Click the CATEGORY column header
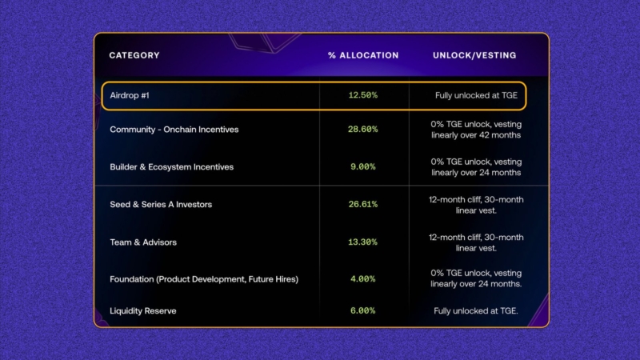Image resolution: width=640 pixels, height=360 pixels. [134, 56]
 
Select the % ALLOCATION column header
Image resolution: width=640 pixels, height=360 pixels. [363, 56]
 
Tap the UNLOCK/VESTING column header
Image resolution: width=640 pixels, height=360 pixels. [474, 56]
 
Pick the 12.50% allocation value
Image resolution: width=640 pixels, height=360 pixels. [363, 95]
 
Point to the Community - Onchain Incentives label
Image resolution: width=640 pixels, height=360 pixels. [174, 130]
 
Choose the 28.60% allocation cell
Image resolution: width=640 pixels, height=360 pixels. [363, 130]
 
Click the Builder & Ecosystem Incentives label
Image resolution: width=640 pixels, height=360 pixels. [171, 167]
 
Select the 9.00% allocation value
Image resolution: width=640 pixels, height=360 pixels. [363, 167]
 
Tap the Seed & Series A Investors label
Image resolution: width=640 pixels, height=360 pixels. [161, 205]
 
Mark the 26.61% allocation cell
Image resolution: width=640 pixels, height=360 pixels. [363, 205]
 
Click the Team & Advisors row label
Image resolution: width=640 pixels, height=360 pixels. [143, 242]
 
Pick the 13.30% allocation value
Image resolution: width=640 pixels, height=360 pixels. [363, 242]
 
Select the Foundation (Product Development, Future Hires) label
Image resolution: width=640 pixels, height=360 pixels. [204, 279]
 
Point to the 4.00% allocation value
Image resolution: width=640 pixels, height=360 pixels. [363, 279]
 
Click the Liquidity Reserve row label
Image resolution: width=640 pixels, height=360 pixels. [143, 310]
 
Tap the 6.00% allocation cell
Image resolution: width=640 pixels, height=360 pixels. [363, 310]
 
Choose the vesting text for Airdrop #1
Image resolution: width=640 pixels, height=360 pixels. [476, 95]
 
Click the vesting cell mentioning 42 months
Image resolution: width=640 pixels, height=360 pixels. [476, 130]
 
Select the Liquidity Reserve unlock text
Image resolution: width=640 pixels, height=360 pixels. [476, 310]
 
